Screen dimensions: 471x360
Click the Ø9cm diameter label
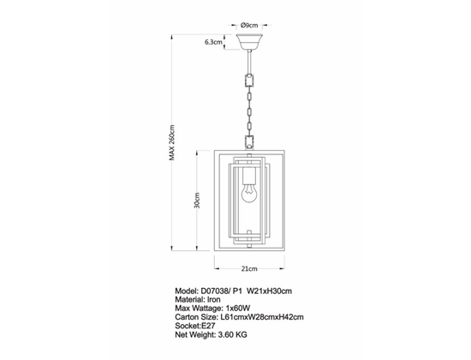[249, 25]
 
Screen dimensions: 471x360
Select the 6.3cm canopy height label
[213, 42]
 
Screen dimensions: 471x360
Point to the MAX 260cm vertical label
[171, 142]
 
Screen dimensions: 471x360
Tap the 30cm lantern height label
[197, 201]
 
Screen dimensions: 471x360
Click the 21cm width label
[249, 268]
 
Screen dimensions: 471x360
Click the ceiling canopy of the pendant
[249, 42]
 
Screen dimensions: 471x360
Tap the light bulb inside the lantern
[249, 193]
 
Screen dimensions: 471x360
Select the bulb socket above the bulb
[249, 176]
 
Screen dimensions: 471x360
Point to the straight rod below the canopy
[249, 62]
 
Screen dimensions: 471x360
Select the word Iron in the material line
[213, 299]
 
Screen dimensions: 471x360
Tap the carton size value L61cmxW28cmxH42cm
[262, 317]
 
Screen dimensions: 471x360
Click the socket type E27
[208, 326]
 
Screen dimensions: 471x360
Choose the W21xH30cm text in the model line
[269, 291]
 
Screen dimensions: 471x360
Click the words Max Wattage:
[200, 309]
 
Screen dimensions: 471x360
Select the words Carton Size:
[196, 317]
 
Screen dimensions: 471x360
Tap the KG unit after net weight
[241, 334]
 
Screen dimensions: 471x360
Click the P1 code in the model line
[237, 291]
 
